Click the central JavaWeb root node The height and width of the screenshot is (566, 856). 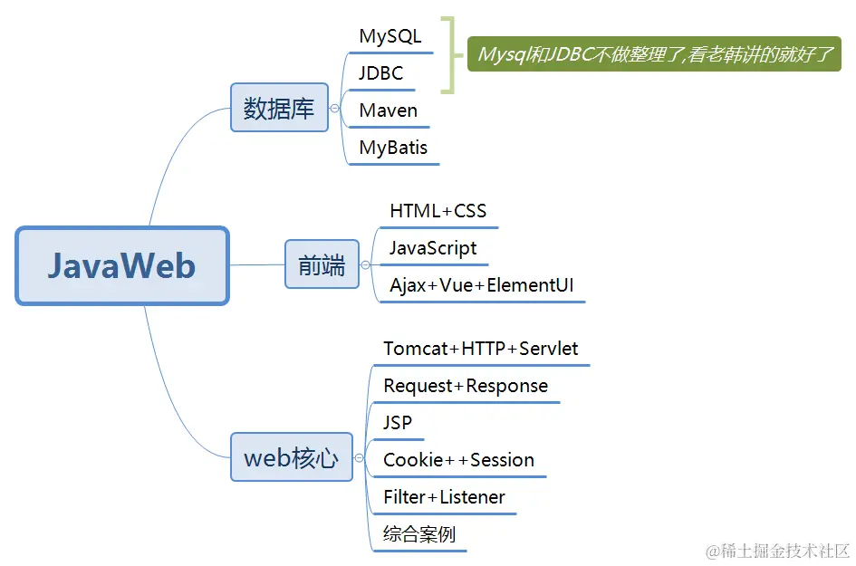pyautogui.click(x=122, y=265)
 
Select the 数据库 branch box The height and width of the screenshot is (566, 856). pyautogui.click(x=279, y=108)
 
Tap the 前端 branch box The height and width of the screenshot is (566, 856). pyautogui.click(x=322, y=264)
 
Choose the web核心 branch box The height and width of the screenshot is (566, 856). pyautogui.click(x=291, y=457)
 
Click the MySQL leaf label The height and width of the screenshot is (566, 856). pyautogui.click(x=390, y=37)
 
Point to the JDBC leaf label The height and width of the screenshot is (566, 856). pyautogui.click(x=381, y=73)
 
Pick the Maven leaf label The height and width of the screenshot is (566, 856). pyautogui.click(x=389, y=110)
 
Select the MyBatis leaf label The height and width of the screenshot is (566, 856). pyautogui.click(x=393, y=148)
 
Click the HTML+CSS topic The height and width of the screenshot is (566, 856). pyautogui.click(x=438, y=211)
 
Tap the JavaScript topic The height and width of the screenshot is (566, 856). pyautogui.click(x=433, y=248)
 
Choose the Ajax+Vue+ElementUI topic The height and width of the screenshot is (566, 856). pyautogui.click(x=482, y=285)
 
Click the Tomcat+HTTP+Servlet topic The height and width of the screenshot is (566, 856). pyautogui.click(x=481, y=349)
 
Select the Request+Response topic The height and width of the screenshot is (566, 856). pyautogui.click(x=466, y=386)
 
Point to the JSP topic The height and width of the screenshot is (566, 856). pyautogui.click(x=398, y=423)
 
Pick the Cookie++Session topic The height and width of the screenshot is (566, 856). pyautogui.click(x=458, y=460)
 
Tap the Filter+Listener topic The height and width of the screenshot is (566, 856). pyautogui.click(x=444, y=497)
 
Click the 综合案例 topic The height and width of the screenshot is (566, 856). pyautogui.click(x=419, y=534)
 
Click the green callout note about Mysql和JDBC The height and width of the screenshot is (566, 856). pyautogui.click(x=654, y=54)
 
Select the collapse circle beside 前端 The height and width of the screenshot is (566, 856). pyautogui.click(x=366, y=265)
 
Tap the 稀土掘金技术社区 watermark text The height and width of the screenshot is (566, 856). pyautogui.click(x=779, y=551)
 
